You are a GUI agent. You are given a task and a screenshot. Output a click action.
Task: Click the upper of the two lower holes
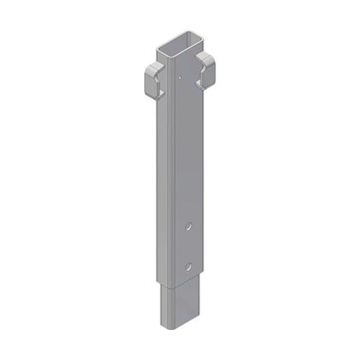tap(189, 226)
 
